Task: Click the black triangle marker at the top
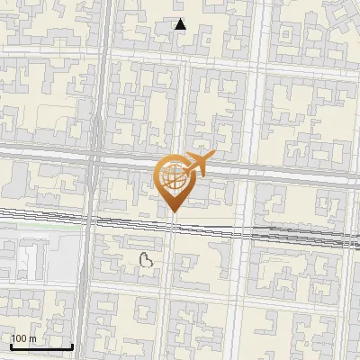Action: point(180,24)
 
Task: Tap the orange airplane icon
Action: point(197,164)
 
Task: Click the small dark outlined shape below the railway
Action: point(147,261)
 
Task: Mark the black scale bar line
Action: point(41,346)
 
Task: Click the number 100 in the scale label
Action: point(19,338)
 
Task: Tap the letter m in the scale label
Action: point(31,338)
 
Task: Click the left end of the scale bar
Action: point(11,346)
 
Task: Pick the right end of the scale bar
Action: point(72,346)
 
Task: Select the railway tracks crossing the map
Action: point(270,233)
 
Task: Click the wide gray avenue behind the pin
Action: point(270,171)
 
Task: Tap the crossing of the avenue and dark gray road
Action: point(94,160)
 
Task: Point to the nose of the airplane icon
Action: point(212,158)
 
